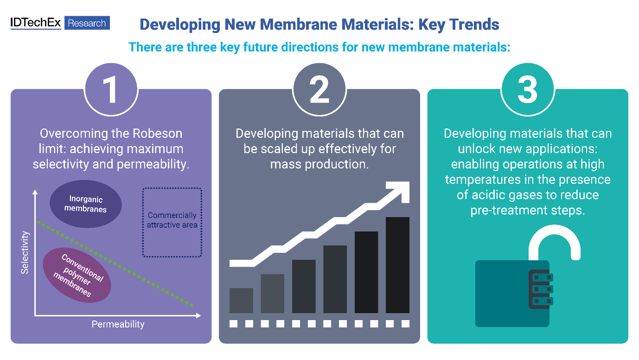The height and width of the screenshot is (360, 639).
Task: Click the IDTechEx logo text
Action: tap(36, 23)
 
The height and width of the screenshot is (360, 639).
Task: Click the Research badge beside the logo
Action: tap(87, 23)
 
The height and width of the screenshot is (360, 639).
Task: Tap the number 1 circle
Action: tap(111, 90)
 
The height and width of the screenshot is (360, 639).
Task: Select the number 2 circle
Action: tap(319, 90)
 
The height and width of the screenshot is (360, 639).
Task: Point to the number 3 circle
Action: tap(527, 90)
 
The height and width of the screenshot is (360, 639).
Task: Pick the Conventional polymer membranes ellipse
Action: tap(77, 275)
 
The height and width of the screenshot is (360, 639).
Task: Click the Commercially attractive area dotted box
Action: tap(172, 221)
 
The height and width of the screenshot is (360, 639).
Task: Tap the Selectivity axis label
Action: tap(25, 253)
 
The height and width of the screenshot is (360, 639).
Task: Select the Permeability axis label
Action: tap(118, 324)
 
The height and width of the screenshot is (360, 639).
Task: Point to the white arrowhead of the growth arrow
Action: tap(399, 189)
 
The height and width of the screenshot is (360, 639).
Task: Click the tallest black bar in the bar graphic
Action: tap(397, 265)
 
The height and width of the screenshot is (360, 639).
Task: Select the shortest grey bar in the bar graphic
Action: tap(241, 300)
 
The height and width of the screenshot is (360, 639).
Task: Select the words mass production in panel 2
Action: tap(319, 164)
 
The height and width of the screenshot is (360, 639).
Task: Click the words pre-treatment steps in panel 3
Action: tap(527, 210)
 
